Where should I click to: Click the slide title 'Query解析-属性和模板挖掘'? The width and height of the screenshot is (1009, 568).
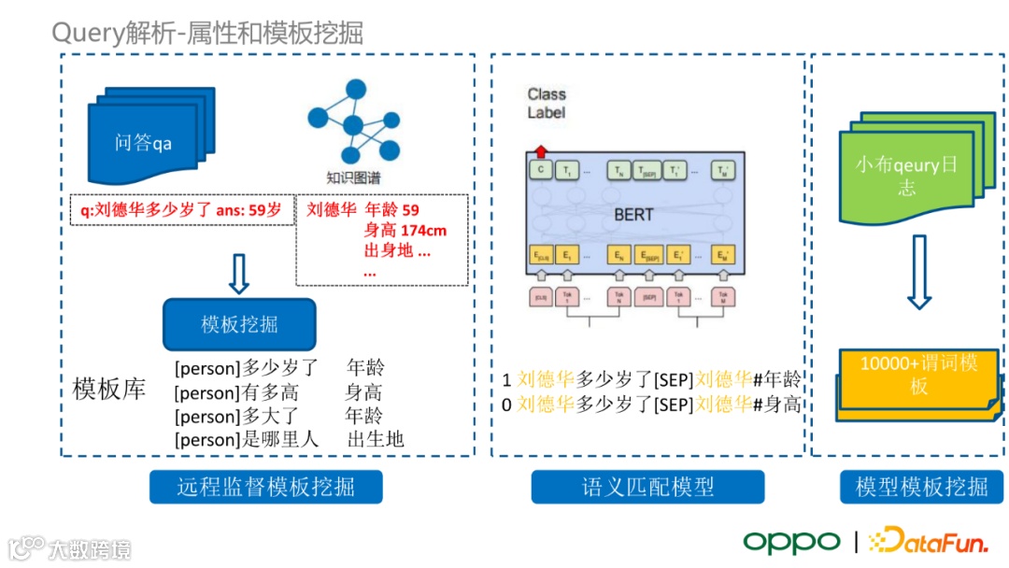click(x=207, y=34)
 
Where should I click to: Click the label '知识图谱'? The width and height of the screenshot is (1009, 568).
click(x=352, y=177)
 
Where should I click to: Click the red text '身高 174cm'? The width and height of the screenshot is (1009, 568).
click(x=405, y=231)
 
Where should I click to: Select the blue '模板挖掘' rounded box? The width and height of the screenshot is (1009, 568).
click(x=239, y=324)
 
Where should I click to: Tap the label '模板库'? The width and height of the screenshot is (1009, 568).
click(x=109, y=390)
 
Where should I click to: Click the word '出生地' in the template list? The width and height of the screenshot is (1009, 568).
click(x=376, y=438)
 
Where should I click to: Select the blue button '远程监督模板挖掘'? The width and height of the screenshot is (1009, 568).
click(x=266, y=487)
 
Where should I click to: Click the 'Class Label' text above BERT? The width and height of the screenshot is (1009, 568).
click(x=547, y=103)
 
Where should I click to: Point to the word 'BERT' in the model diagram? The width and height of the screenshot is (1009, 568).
click(x=633, y=215)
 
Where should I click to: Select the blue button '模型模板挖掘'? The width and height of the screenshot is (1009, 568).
click(x=921, y=487)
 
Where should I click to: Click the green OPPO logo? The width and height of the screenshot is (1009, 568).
click(x=791, y=541)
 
